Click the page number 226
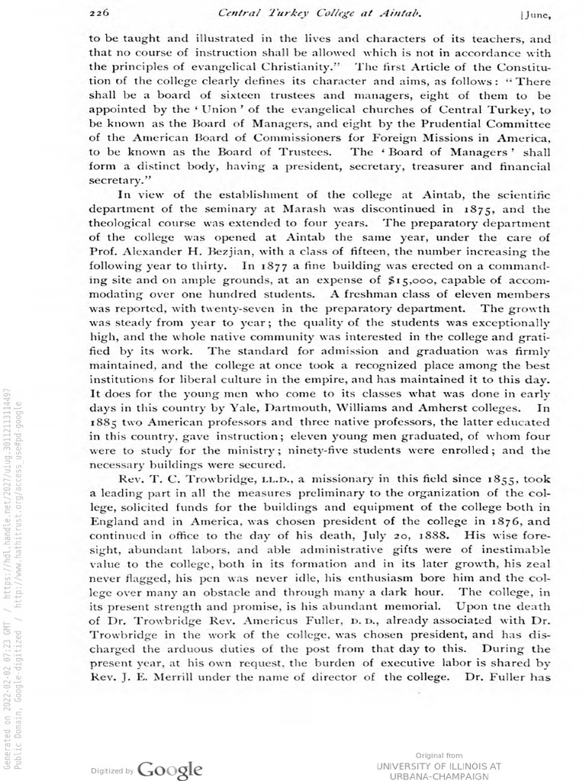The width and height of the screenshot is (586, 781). (x=100, y=12)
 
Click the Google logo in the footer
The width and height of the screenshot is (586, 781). (x=171, y=768)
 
